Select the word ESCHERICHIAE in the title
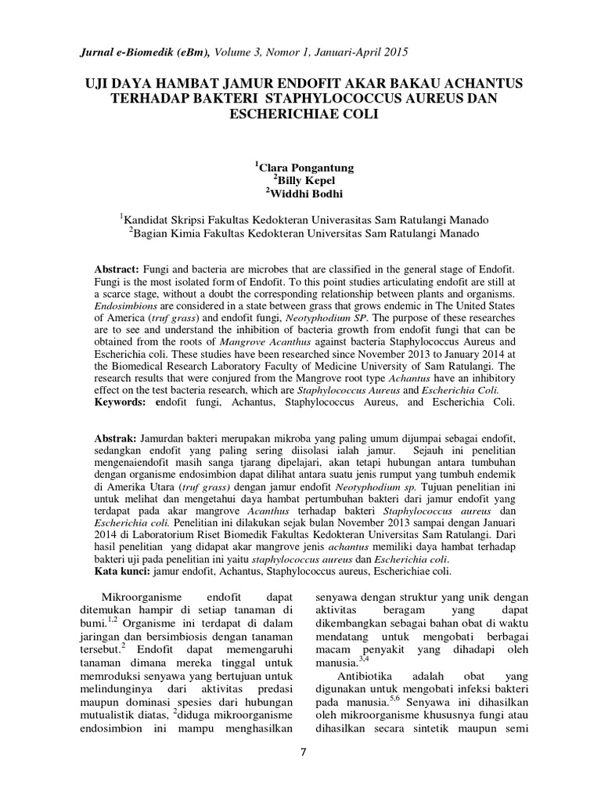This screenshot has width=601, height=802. pos(277,113)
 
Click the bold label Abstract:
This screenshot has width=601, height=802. pos(117,269)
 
